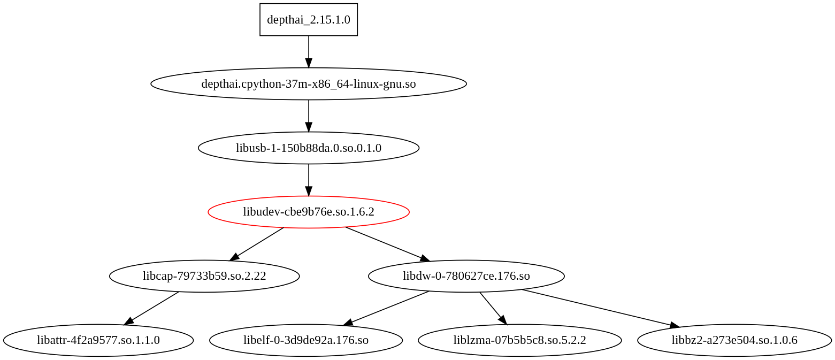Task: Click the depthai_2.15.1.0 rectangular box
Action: coord(308,20)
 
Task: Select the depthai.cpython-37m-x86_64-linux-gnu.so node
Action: coord(308,84)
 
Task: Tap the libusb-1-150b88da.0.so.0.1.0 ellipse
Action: coord(308,148)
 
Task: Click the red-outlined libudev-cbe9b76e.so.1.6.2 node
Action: coord(308,212)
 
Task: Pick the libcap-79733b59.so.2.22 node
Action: coord(204,276)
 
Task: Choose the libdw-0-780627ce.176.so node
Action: coord(466,276)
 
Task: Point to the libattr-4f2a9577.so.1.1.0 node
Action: coord(98,340)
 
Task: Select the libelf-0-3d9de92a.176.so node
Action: coord(305,340)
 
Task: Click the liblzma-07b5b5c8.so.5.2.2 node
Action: coord(519,340)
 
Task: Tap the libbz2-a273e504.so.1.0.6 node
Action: coord(734,340)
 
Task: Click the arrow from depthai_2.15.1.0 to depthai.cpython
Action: coord(308,51)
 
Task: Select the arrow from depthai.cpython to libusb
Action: coord(308,115)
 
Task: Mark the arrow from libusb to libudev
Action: coord(308,179)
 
